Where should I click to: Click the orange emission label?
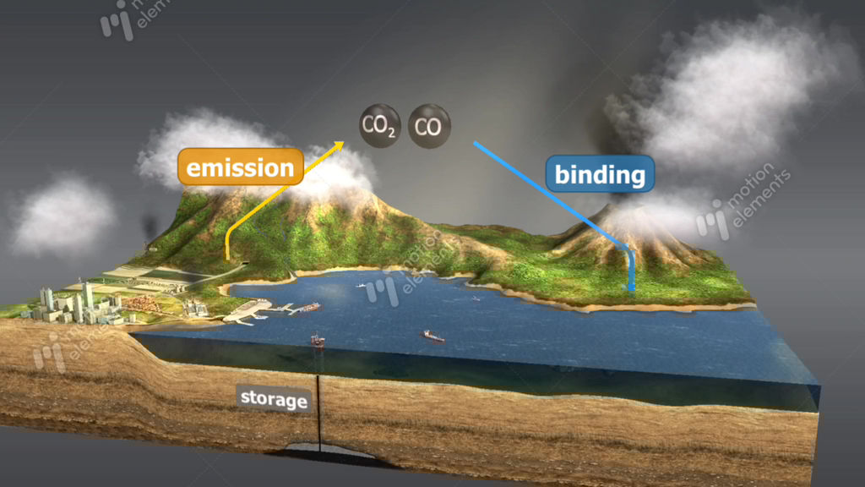coord(241,167)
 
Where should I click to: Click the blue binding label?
coord(600,175)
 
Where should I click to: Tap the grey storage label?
coord(273,398)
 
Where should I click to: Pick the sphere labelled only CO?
coord(429,127)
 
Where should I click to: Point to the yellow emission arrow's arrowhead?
coord(340,145)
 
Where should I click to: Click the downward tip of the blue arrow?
coord(630,288)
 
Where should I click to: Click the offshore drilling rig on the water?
coord(318,341)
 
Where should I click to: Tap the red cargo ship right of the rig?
coord(432,336)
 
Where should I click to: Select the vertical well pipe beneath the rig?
coord(319,406)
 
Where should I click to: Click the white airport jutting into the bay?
coord(247,312)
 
